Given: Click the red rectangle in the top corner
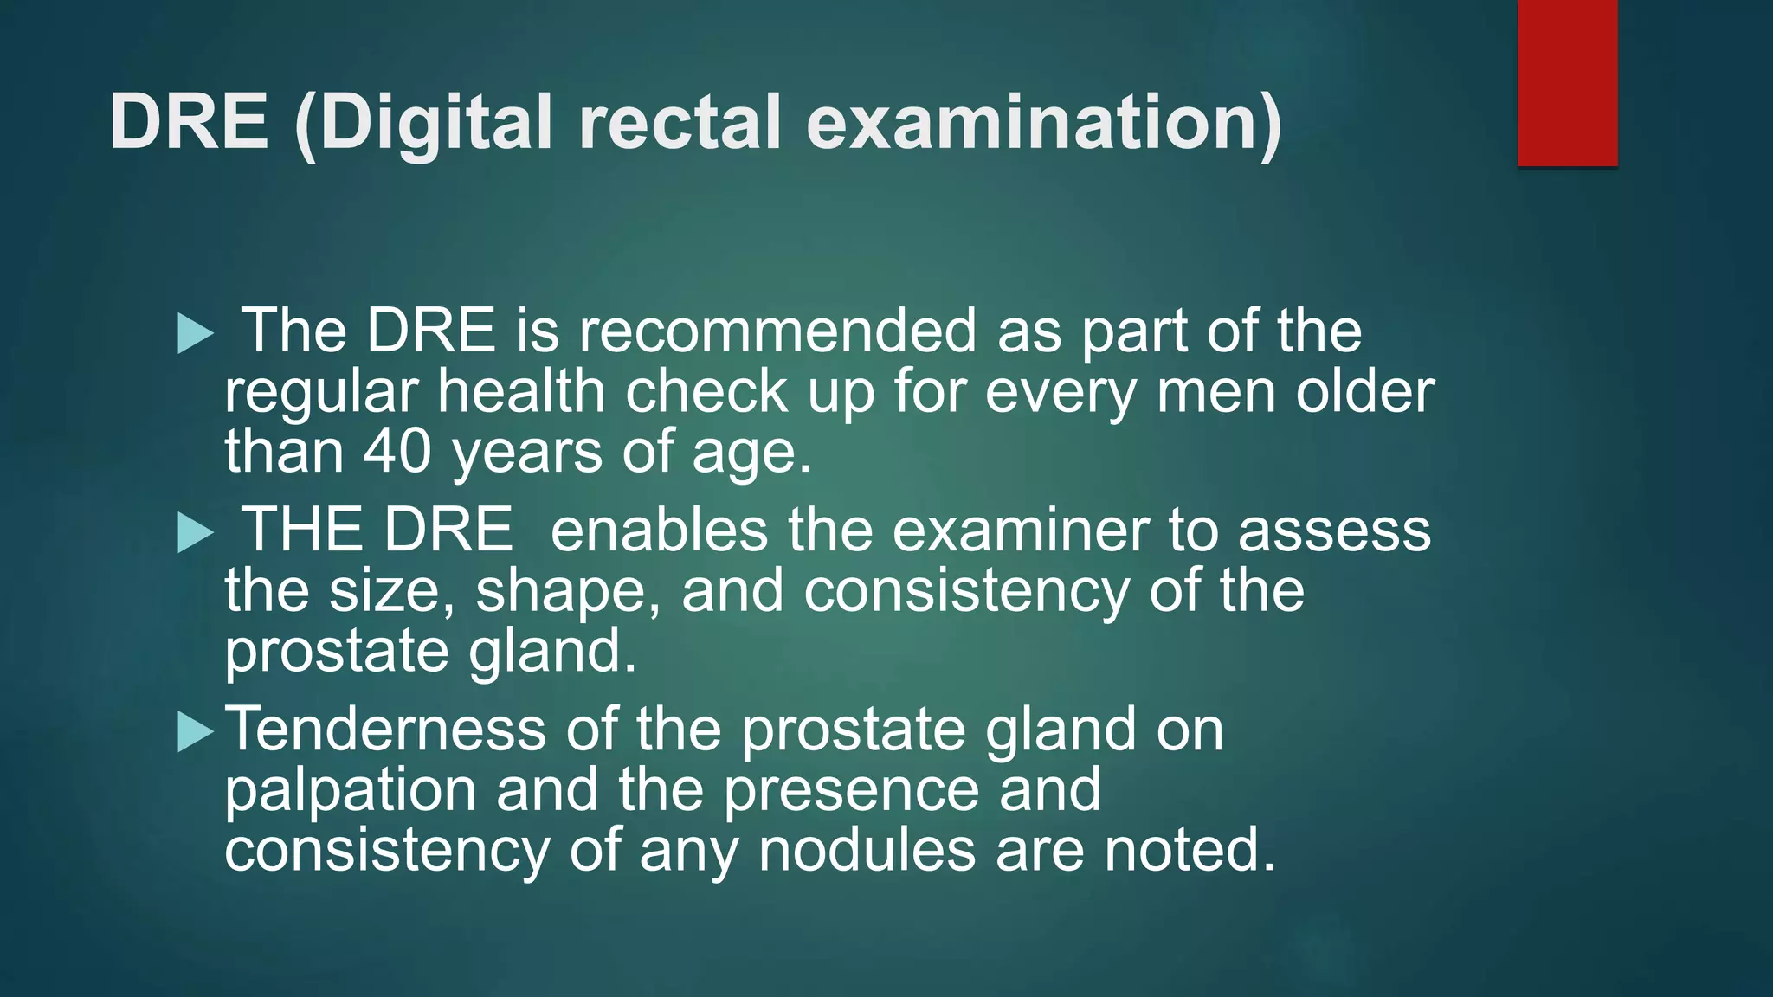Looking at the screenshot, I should coord(1567,82).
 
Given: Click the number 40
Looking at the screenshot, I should coord(397,452).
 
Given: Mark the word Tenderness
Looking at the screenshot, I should coord(385,729).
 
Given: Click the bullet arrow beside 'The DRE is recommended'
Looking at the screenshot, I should coord(195,333).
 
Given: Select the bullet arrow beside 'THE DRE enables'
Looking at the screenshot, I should coord(195,532).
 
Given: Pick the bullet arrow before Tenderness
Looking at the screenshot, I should coord(195,731).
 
